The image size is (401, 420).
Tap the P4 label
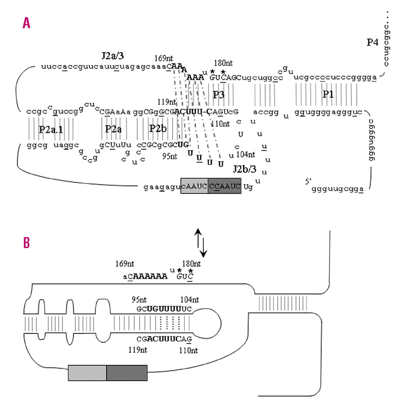pos(372,42)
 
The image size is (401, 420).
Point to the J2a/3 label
pos(112,55)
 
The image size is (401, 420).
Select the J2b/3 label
pos(244,169)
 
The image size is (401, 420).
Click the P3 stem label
pos(219,95)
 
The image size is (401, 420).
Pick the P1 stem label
pos(328,94)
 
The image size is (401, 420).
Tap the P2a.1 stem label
pos(51,129)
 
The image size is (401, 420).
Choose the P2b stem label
pos(158,129)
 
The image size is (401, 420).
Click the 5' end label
pos(308,181)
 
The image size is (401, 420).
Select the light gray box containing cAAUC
pos(194,186)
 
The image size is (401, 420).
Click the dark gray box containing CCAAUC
pos(225,186)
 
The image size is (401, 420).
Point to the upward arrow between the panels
pos(198,238)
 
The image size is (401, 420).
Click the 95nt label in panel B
pos(139,300)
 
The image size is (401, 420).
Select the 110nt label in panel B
pos(188,350)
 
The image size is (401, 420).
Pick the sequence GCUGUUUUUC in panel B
pos(164,309)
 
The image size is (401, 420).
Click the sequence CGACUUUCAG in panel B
pos(164,339)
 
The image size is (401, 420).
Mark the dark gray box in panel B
pos(127,373)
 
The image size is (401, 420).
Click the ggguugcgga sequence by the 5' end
pos(337,189)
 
